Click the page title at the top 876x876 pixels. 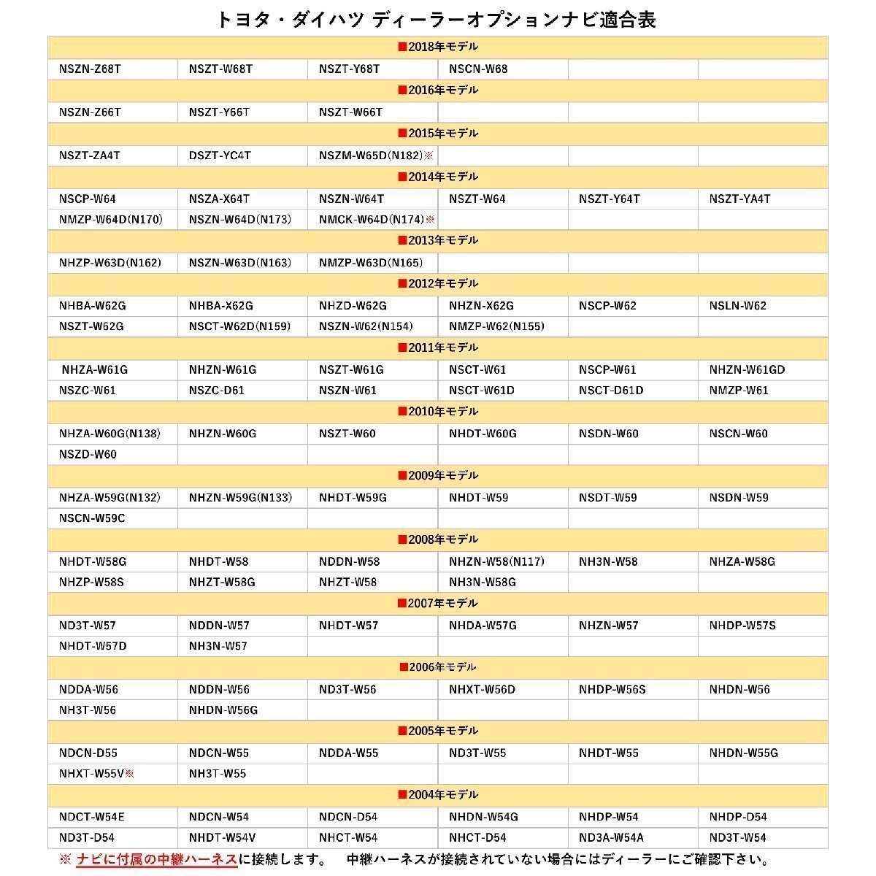pos(437,20)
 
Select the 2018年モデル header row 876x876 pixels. pos(438,47)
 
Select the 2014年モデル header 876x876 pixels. pos(438,177)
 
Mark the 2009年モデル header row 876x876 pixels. pos(438,475)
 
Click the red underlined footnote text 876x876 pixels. pos(157,860)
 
